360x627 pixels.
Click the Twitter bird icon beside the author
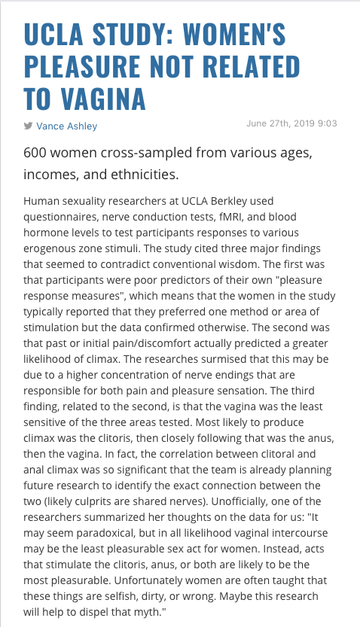29,126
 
